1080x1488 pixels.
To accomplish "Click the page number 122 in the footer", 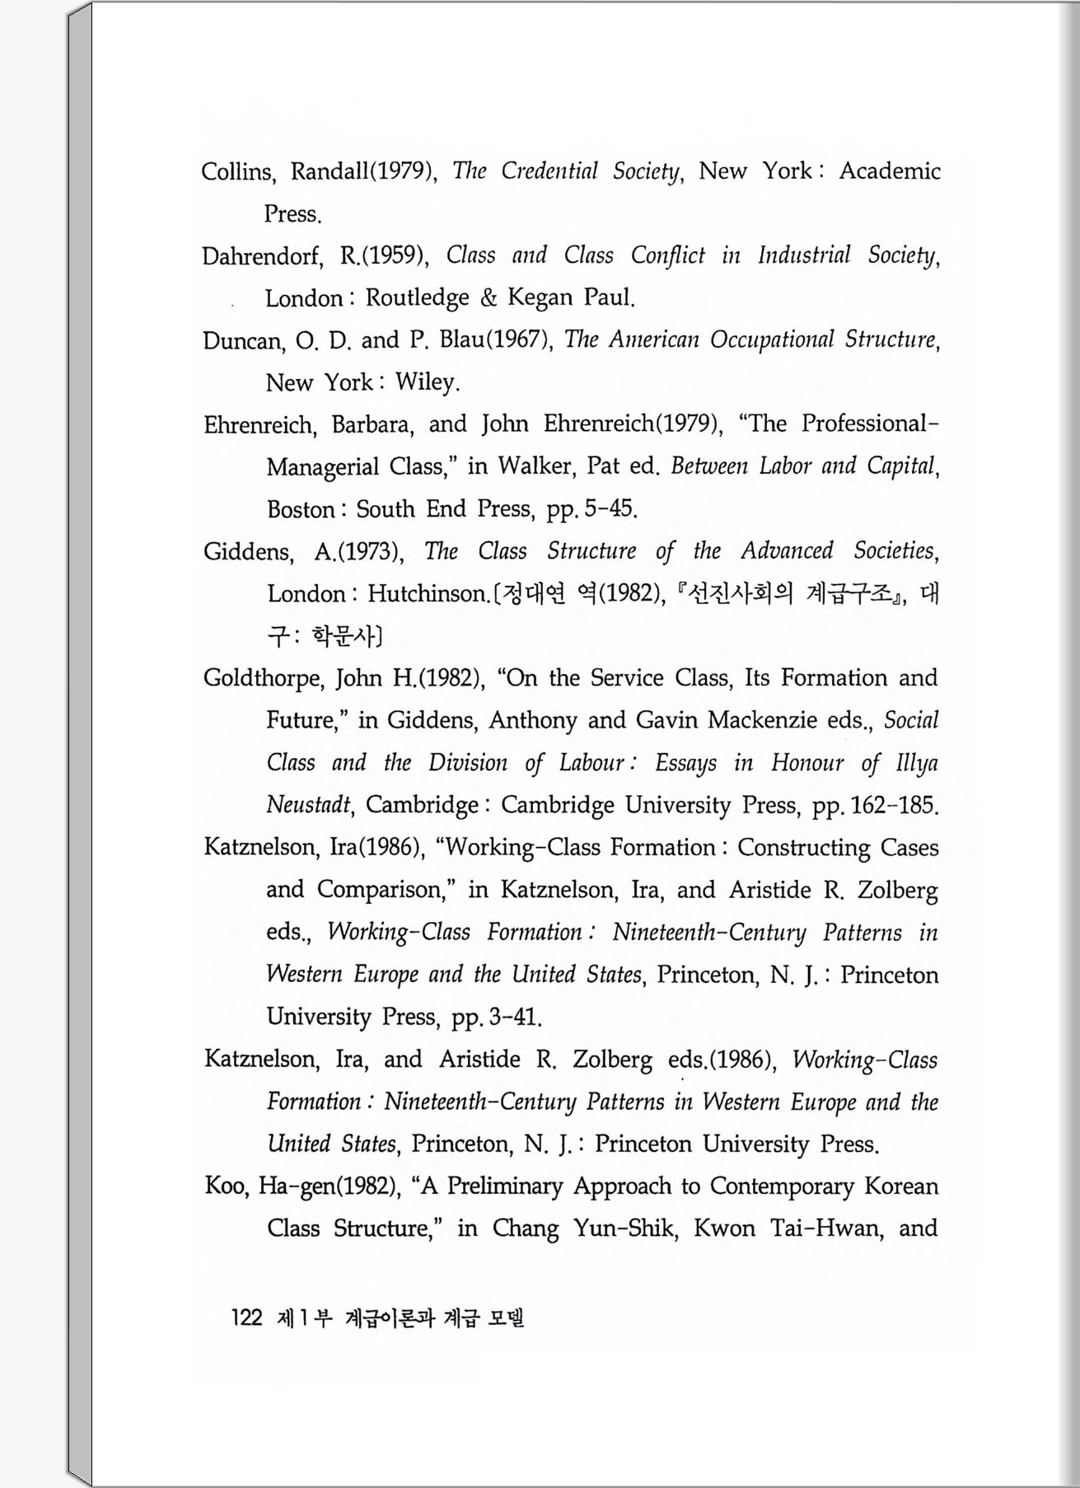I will (246, 1317).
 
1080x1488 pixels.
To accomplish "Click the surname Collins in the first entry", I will (236, 171).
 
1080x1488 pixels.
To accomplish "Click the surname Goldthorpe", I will (264, 679).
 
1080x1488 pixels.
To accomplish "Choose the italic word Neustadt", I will (309, 805).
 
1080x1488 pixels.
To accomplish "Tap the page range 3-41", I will (514, 1018).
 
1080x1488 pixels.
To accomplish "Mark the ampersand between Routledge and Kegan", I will (489, 297).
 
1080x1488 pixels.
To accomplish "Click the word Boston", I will (301, 509).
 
